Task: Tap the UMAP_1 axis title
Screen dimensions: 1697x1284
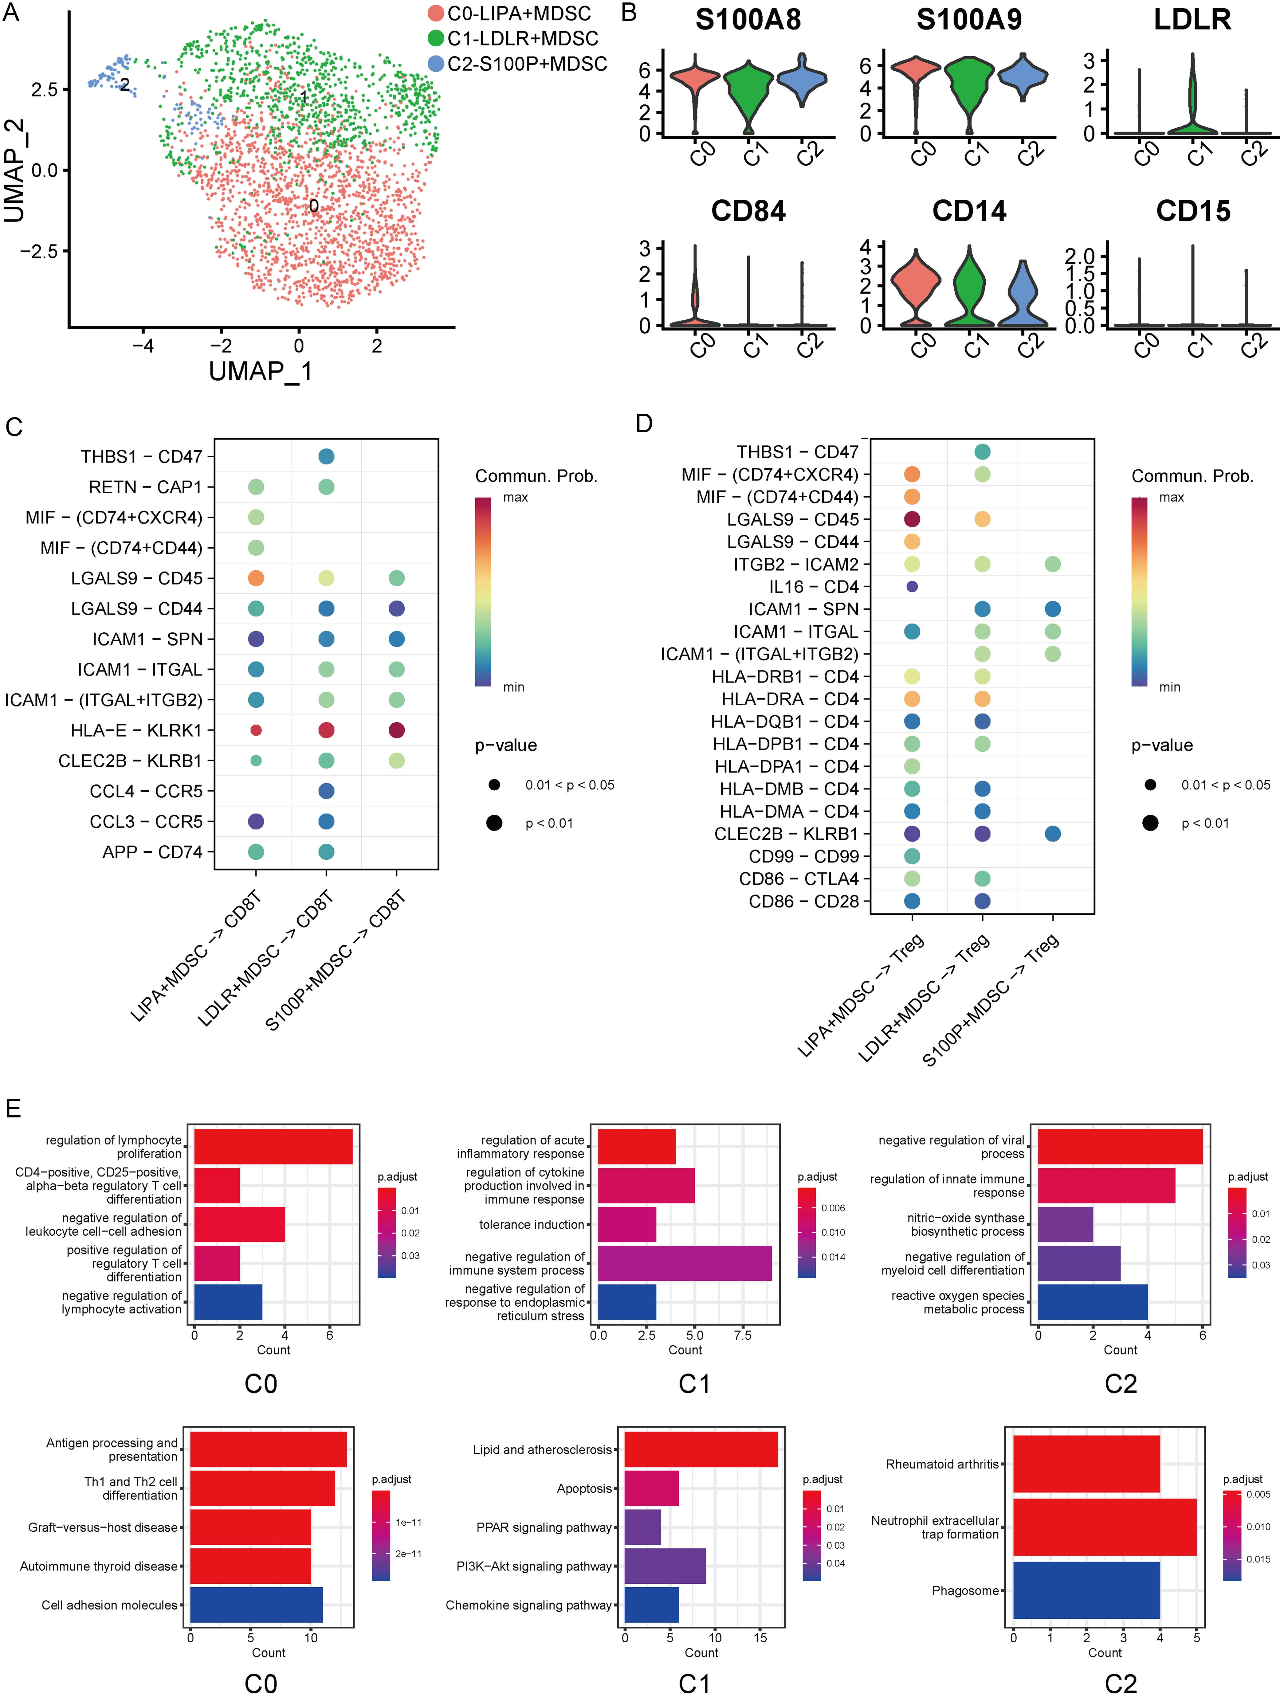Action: coord(261,371)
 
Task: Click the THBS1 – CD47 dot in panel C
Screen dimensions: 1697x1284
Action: coord(326,456)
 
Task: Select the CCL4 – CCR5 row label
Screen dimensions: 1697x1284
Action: coord(146,791)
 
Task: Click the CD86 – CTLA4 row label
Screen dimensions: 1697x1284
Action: coord(799,878)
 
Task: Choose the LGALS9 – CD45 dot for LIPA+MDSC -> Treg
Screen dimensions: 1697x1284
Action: coord(912,519)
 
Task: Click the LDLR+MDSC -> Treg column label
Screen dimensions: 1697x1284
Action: coord(925,997)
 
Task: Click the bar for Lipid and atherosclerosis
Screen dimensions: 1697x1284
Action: coord(701,1449)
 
